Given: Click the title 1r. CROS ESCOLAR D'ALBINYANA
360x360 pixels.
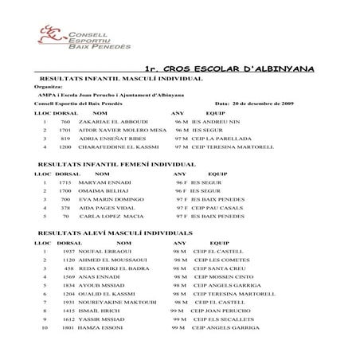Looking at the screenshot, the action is point(231,70).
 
